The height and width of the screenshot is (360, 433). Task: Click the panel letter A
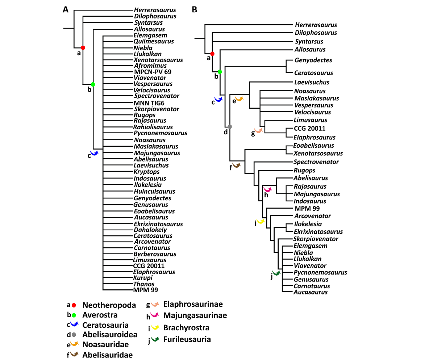point(66,10)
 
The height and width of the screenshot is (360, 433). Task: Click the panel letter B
point(195,10)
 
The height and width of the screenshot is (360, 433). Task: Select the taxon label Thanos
point(144,284)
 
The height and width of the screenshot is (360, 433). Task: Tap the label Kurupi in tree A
point(143,278)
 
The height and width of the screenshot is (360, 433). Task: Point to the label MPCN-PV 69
point(153,72)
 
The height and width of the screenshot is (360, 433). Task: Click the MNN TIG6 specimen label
point(149,102)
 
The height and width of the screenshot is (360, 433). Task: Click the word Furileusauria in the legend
point(187,339)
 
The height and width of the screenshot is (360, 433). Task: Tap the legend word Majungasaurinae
point(195,315)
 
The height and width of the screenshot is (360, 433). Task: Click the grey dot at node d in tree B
point(229,126)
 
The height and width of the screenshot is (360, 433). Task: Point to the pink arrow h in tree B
point(268,189)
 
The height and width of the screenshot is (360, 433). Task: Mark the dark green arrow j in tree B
point(276,273)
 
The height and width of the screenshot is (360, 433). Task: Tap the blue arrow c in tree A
point(95,154)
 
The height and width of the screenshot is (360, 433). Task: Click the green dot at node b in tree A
point(93,84)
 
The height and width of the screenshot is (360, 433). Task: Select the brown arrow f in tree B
point(237,166)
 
